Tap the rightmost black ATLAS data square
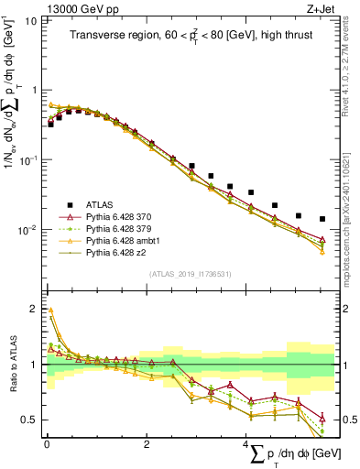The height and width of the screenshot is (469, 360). [x=322, y=219]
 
